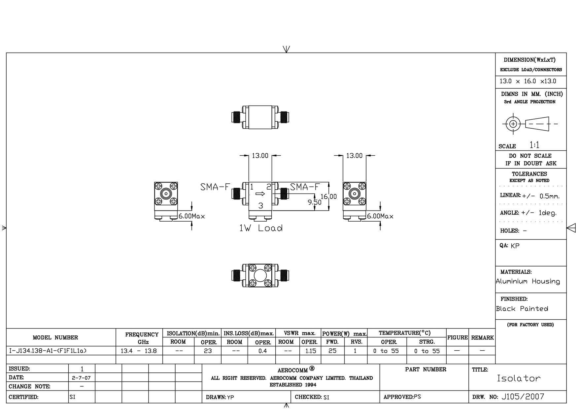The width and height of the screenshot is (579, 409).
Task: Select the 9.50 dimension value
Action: pos(314,202)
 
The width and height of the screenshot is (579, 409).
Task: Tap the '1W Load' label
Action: pos(261,228)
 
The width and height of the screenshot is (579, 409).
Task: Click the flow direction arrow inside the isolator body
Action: pos(260,194)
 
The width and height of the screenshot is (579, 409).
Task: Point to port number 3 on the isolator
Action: pos(261,206)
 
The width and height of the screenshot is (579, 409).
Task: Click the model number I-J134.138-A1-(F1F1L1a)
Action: pos(47,351)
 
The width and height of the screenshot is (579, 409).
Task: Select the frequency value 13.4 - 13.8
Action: pos(139,351)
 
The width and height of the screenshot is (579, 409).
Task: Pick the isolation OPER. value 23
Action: pos(208,351)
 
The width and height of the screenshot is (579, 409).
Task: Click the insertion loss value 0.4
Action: pos(262,351)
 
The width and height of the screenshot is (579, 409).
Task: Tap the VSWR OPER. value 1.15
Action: pos(310,351)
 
